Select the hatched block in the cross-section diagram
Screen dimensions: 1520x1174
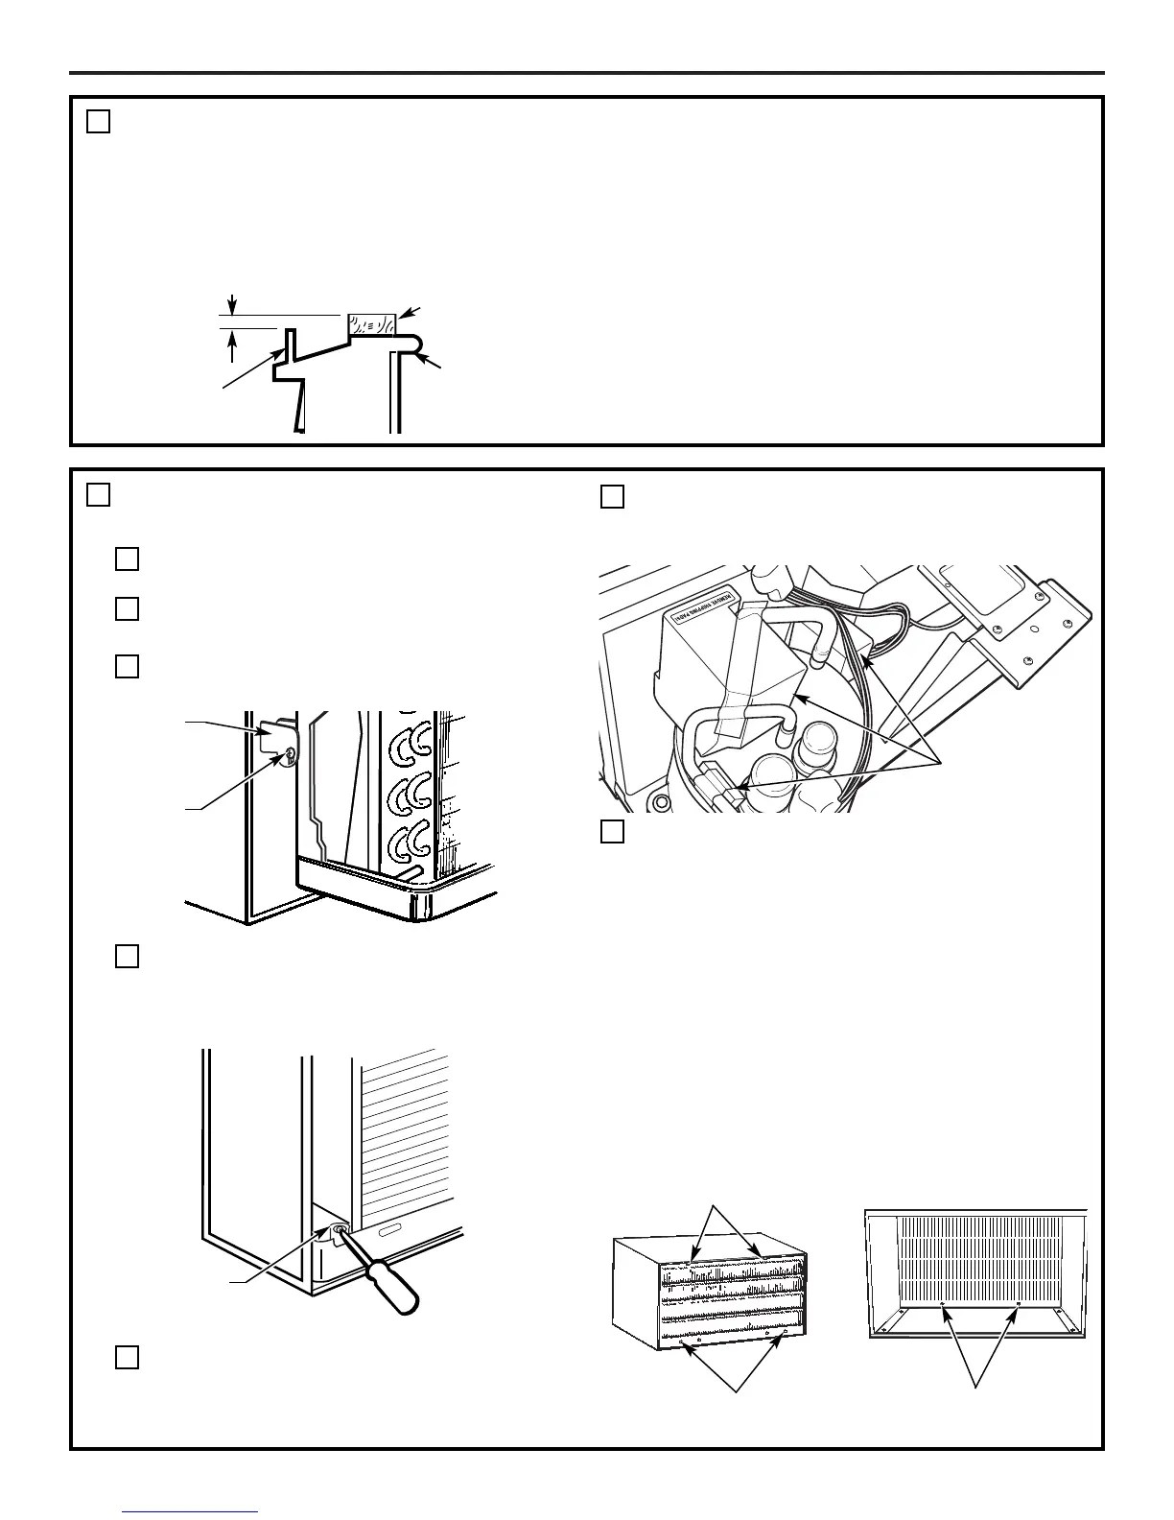pyautogui.click(x=371, y=324)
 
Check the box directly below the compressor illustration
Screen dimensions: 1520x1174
pyautogui.click(x=612, y=832)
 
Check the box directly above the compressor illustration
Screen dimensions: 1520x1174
pyautogui.click(x=612, y=496)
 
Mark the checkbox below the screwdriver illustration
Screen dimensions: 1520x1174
pyautogui.click(x=128, y=1356)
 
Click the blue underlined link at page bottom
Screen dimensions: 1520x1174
pyautogui.click(x=191, y=1512)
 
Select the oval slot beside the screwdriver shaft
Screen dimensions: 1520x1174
pyautogui.click(x=388, y=1231)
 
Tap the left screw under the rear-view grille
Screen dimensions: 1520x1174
pyautogui.click(x=943, y=1305)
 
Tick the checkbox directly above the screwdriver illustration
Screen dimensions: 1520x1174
pyautogui.click(x=128, y=957)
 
